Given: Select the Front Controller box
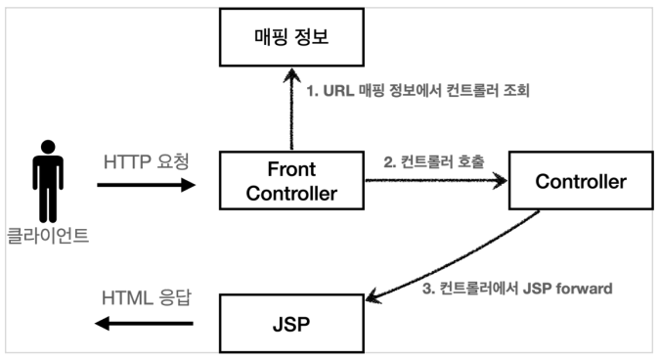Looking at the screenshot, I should (x=291, y=181).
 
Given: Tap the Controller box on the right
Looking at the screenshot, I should (x=581, y=181).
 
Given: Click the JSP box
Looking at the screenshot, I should (x=291, y=320).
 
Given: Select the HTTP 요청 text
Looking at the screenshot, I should (x=145, y=157).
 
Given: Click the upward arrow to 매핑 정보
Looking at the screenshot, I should (x=291, y=112).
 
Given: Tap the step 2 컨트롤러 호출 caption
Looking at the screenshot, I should (x=434, y=159).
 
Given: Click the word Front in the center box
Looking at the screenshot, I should (x=291, y=169).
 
